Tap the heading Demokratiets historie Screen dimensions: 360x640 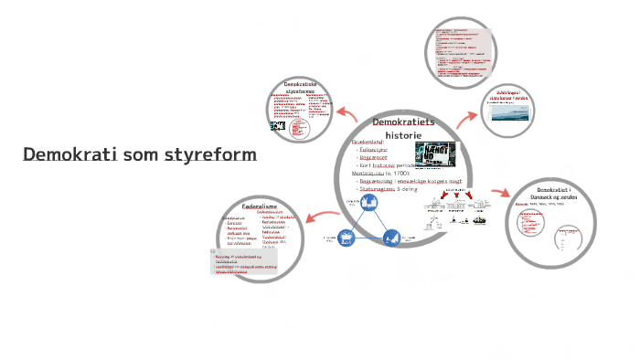pyautogui.click(x=402, y=128)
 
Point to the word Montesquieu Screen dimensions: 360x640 pyautogui.click(x=367, y=173)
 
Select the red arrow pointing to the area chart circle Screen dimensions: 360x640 pyautogui.click(x=467, y=118)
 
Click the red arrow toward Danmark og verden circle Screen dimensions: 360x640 pyautogui.click(x=499, y=194)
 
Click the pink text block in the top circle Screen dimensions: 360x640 pyautogui.click(x=462, y=51)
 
